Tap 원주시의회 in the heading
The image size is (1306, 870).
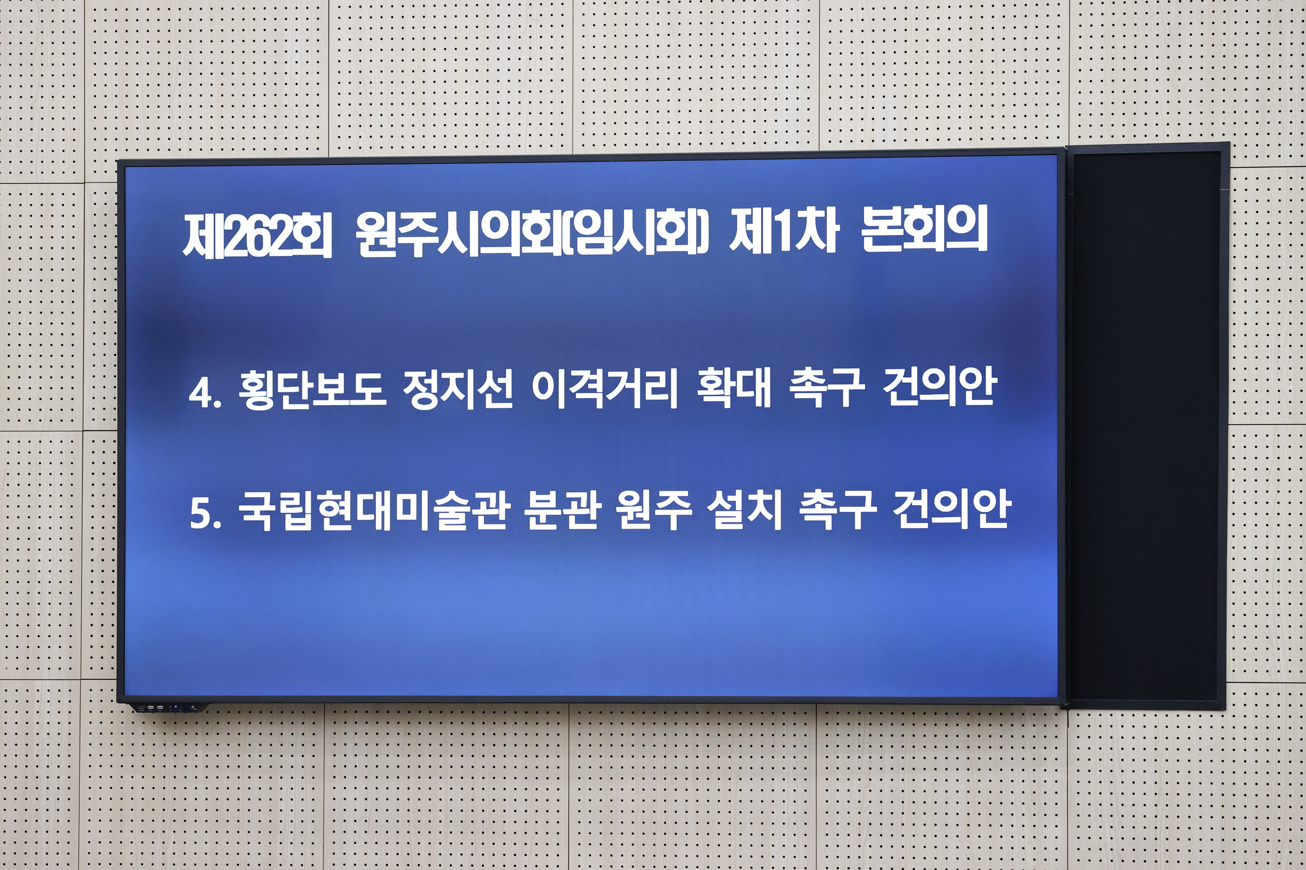point(459,235)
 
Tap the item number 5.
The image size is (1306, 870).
point(205,513)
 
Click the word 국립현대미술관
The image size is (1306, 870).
point(374,511)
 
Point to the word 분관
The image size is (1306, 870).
point(564,510)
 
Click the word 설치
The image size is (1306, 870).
point(744,510)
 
